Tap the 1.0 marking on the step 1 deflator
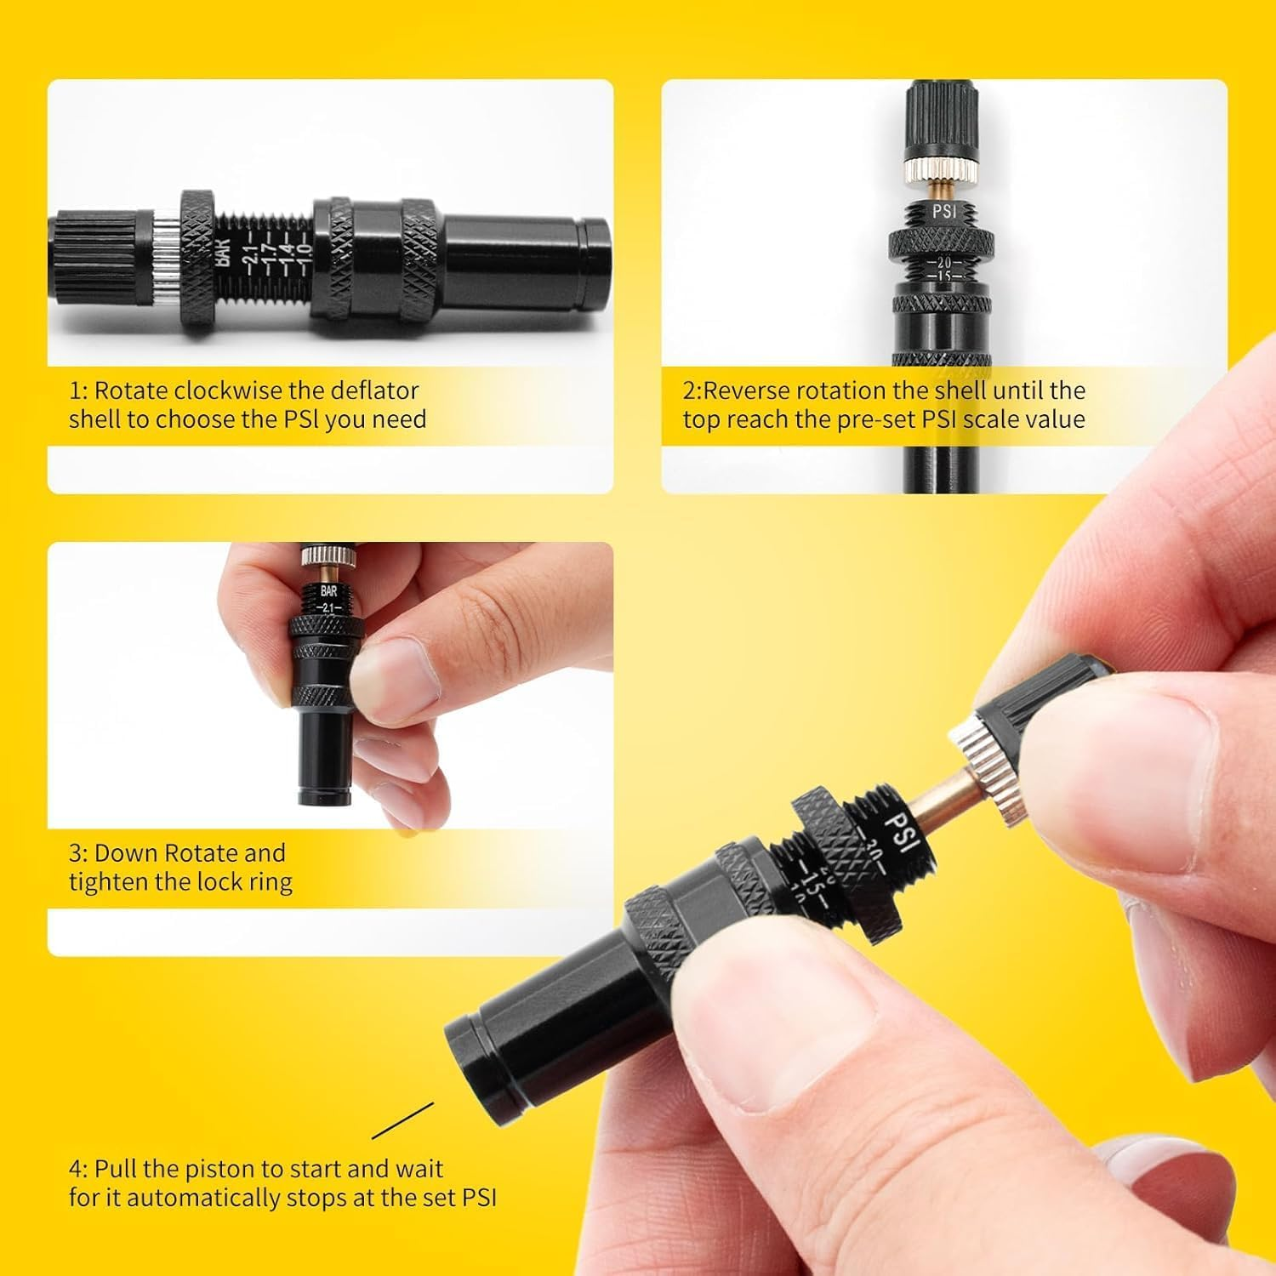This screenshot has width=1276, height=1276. click(x=301, y=253)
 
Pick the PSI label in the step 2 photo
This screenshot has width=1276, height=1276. click(x=943, y=210)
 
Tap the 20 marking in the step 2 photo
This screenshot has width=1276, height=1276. click(x=943, y=263)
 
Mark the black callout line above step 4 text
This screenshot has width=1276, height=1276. click(x=402, y=1120)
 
